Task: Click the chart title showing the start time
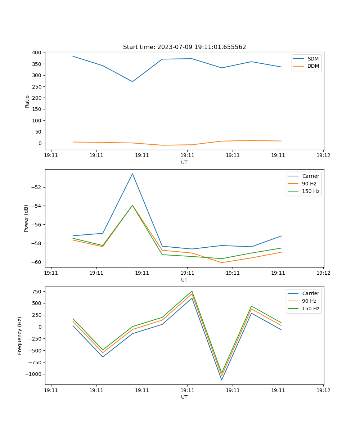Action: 184,47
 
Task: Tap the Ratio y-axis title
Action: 27,101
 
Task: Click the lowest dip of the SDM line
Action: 132,82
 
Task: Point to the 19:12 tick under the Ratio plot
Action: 323,155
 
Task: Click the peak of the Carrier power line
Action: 132,174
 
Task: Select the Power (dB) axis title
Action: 26,218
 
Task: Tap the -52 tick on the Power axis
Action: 37,187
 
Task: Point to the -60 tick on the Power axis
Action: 37,262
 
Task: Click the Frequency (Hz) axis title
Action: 20,336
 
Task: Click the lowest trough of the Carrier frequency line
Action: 222,380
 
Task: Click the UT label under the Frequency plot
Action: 184,397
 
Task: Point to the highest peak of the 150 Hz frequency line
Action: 192,291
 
